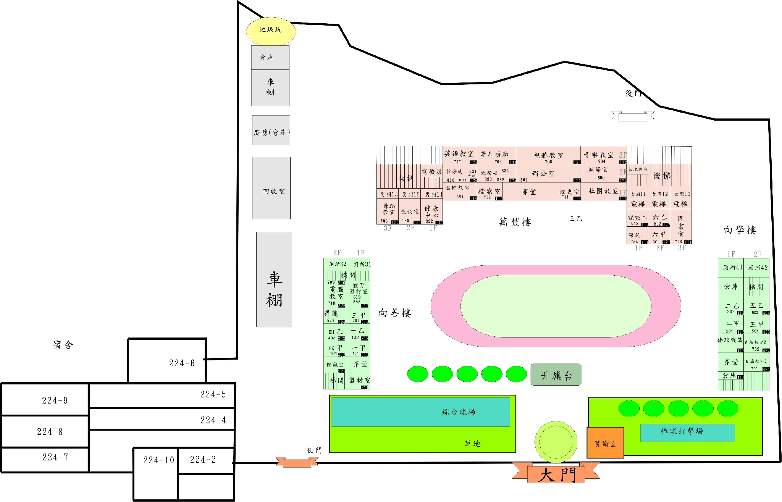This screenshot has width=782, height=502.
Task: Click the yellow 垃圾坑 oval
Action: tap(271, 31)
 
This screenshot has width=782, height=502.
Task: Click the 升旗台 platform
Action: tap(556, 375)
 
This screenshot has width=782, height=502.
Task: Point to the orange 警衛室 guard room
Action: tap(605, 443)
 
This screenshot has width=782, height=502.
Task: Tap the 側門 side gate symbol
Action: tap(297, 463)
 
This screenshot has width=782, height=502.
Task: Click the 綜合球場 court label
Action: tap(459, 412)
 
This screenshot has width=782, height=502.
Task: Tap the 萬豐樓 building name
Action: tap(515, 222)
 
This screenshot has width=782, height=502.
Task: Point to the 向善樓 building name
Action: tap(395, 313)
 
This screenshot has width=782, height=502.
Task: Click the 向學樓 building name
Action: tap(740, 230)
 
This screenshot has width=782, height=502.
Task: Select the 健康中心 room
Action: tap(431, 211)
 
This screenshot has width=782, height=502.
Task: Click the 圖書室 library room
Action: tap(681, 226)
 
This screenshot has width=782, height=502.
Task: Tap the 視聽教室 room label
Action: tap(548, 155)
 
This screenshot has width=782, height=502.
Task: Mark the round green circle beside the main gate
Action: tap(556, 442)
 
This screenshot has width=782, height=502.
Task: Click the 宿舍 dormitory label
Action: tap(63, 345)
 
